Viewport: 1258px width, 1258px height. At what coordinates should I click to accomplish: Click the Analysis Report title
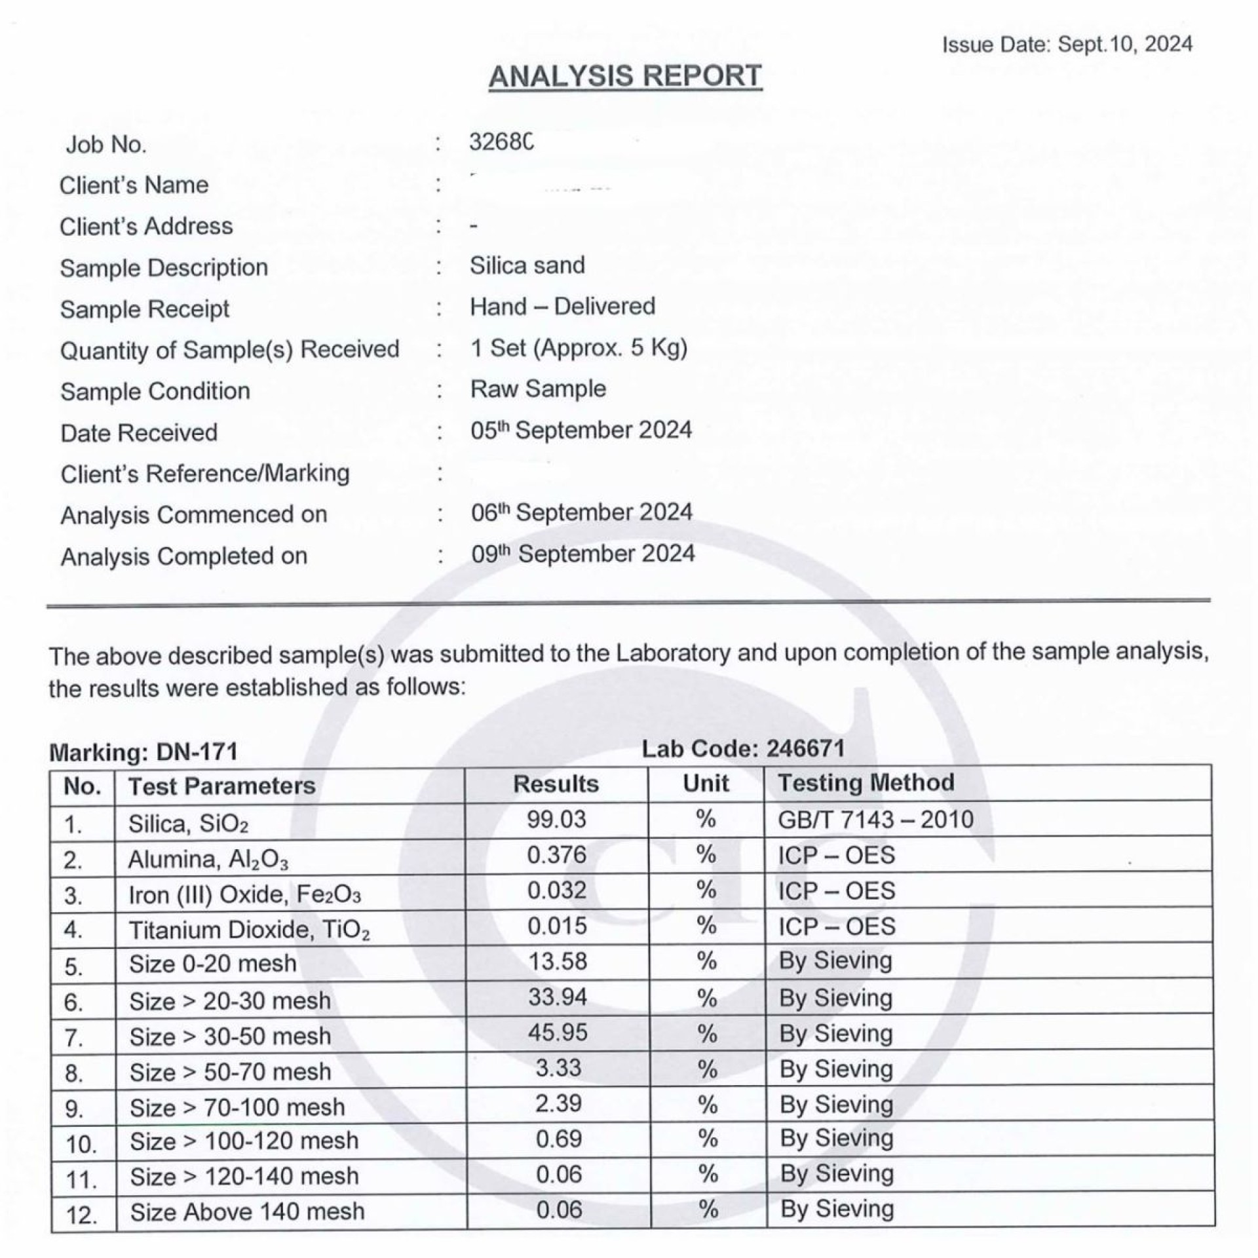click(625, 76)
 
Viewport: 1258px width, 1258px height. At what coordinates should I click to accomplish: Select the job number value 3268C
click(501, 142)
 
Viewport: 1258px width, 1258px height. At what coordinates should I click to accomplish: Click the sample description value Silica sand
click(527, 265)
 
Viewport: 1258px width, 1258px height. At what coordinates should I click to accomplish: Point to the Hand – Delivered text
click(562, 307)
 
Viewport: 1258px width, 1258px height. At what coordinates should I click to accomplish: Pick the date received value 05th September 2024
click(581, 430)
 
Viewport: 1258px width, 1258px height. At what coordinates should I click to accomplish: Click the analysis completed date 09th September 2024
click(582, 554)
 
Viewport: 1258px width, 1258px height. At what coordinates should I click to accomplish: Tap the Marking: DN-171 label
click(143, 752)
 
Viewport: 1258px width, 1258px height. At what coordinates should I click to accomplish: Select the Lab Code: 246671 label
click(742, 748)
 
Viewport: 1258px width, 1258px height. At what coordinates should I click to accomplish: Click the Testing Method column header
click(866, 783)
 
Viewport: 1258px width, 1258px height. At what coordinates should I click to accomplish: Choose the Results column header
click(556, 784)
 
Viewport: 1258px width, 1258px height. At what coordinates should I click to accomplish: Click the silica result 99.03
click(556, 820)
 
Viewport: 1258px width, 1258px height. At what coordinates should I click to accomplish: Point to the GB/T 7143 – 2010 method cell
click(875, 820)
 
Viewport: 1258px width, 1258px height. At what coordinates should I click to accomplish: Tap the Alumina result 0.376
click(556, 855)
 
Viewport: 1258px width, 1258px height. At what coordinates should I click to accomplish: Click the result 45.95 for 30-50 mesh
click(558, 1033)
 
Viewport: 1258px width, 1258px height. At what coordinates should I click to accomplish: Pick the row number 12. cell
click(82, 1216)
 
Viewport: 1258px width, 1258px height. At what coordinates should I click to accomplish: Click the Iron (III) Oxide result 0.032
click(556, 890)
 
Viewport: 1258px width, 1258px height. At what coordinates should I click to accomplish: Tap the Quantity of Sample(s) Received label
click(229, 350)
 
